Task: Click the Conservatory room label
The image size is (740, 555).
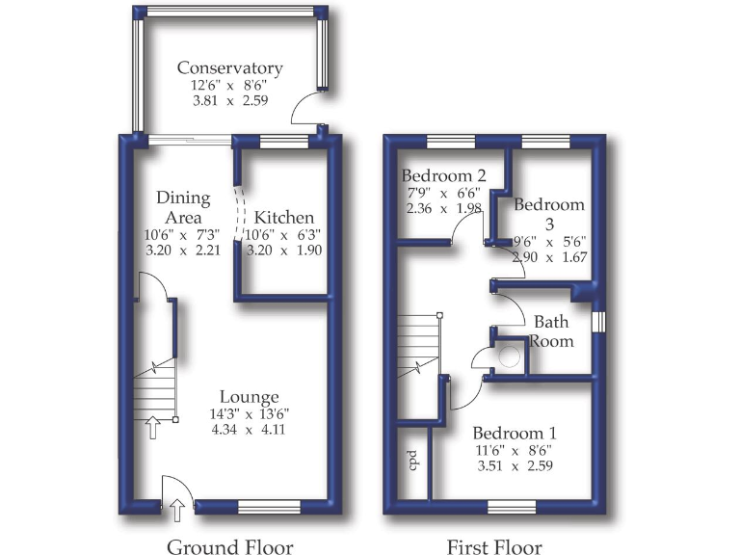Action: [229, 68]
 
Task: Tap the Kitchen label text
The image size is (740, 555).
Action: [284, 218]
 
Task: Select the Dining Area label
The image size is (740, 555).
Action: [183, 208]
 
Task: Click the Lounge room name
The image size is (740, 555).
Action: [249, 396]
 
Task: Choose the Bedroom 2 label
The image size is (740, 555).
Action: [443, 175]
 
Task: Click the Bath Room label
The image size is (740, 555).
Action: [554, 330]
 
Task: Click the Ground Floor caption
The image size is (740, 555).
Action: [230, 547]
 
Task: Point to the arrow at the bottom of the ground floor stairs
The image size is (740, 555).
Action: [151, 426]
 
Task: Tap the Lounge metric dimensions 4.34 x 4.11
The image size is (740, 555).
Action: [249, 430]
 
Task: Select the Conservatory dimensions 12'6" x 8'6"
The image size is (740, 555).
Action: [229, 85]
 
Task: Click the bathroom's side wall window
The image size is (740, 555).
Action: [597, 321]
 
